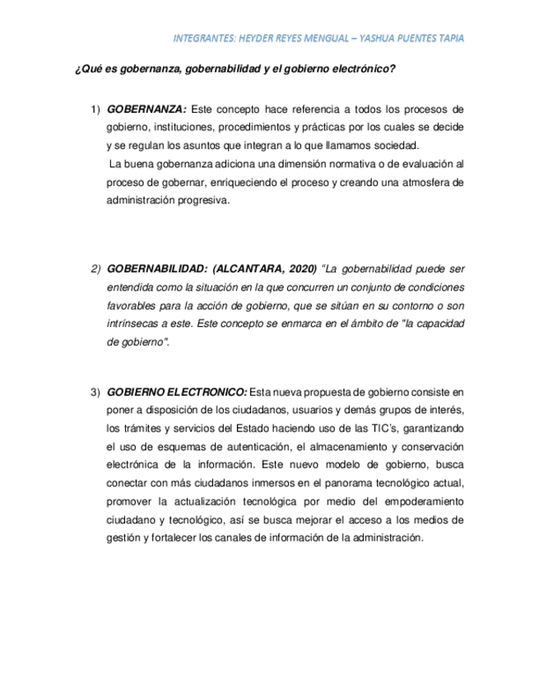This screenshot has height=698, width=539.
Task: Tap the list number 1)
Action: [x=95, y=109]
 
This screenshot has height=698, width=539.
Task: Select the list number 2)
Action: [x=95, y=269]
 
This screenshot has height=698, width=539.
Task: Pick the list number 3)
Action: [x=95, y=391]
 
